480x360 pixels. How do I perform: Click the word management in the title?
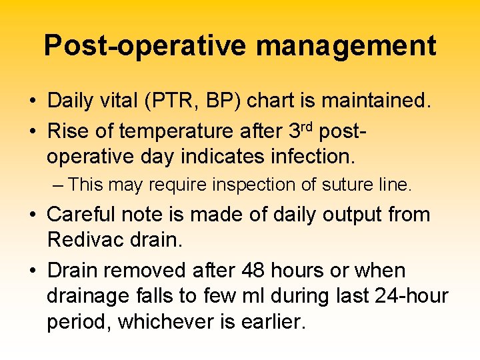click(x=346, y=46)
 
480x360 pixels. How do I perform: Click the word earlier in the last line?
click(x=269, y=321)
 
